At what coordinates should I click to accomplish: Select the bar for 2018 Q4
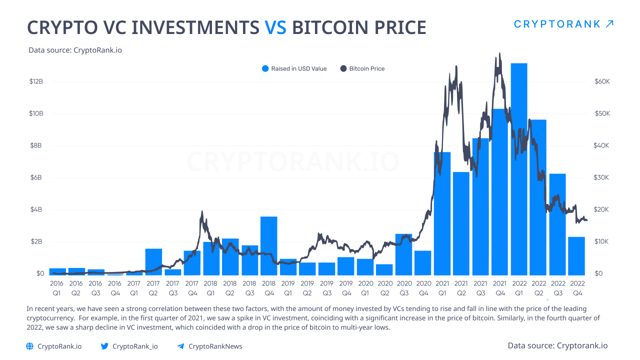point(268,245)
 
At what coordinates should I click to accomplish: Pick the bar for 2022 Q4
point(576,255)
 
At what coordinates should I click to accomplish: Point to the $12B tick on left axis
point(36,81)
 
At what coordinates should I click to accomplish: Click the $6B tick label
point(36,177)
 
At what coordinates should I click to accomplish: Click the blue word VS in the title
point(275,27)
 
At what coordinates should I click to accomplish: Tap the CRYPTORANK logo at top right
point(563,24)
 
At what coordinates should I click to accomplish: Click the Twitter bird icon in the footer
point(104,346)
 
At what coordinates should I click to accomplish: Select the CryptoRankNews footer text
point(215,346)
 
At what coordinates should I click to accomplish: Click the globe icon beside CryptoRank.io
point(29,346)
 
